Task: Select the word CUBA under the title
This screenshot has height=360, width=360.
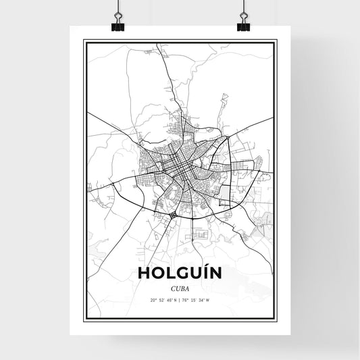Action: coord(179,287)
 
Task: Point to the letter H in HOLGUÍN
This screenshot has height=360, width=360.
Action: coord(143,273)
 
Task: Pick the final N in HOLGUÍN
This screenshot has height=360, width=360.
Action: coord(215,273)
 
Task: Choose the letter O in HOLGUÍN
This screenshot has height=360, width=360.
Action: coord(156,273)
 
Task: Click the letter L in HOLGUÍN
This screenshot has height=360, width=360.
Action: coord(168,273)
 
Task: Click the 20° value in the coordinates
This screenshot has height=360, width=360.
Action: coord(155,300)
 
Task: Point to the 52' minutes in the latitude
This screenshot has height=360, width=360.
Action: coord(162,300)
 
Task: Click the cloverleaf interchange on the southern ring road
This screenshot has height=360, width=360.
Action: coord(173,214)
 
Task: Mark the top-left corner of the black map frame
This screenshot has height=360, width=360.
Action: coord(84,41)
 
